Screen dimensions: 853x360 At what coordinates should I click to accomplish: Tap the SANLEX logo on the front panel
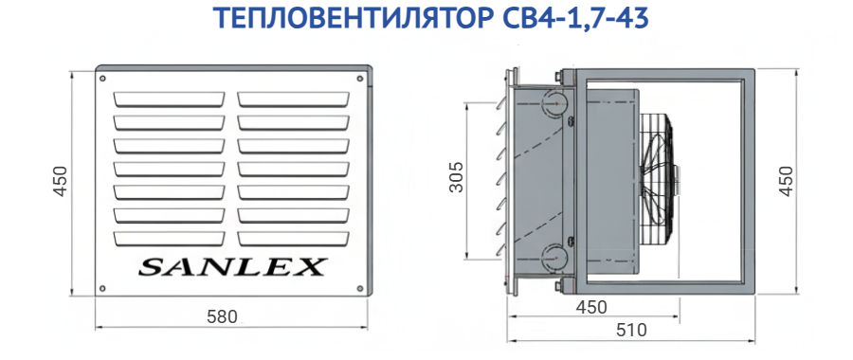[232, 267]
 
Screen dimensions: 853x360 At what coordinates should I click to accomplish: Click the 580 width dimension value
[223, 316]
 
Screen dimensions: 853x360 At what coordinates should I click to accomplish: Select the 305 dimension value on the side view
[457, 177]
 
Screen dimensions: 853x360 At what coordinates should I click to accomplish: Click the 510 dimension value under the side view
[631, 330]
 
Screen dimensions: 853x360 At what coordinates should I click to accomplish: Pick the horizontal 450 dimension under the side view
[591, 307]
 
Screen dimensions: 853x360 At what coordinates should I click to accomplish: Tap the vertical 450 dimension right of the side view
[786, 180]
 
